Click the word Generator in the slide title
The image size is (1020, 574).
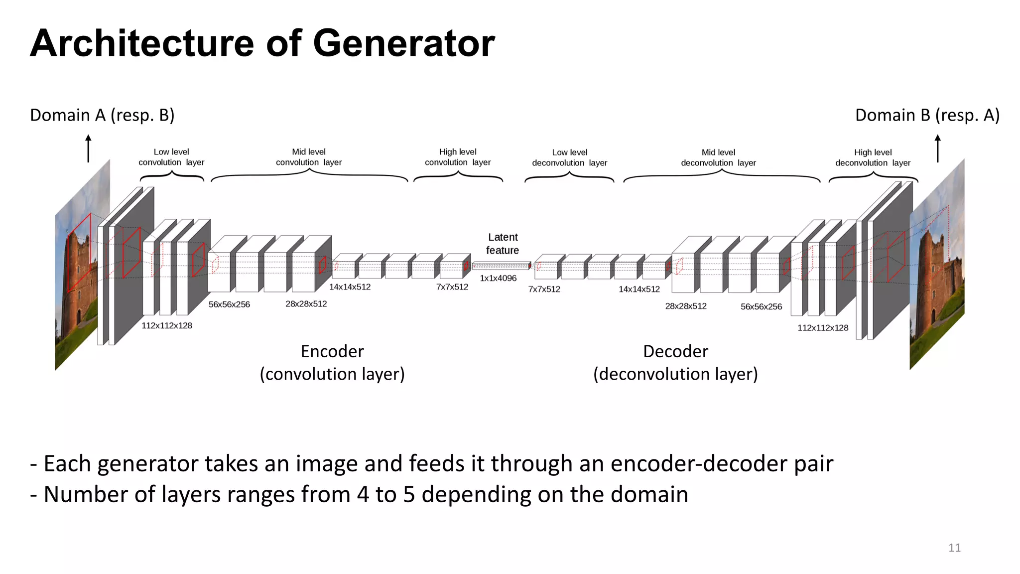click(x=403, y=43)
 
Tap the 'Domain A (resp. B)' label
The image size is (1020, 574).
click(x=102, y=115)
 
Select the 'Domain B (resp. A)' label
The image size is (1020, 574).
click(x=927, y=115)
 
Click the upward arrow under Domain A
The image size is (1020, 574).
click(x=89, y=148)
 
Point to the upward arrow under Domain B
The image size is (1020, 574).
click(x=938, y=148)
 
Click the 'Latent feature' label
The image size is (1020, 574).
click(x=503, y=244)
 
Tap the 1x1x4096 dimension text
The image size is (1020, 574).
click(x=498, y=278)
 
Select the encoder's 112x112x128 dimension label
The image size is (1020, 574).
click(x=167, y=325)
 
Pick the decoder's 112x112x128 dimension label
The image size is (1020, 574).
click(x=823, y=327)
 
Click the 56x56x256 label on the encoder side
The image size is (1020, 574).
click(x=229, y=304)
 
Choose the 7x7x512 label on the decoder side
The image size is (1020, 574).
click(x=544, y=289)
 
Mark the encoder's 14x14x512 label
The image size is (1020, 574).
click(x=350, y=287)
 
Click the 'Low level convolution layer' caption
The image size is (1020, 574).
click(x=171, y=157)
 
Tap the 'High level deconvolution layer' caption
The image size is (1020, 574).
click(x=873, y=157)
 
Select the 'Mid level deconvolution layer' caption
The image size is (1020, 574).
click(x=718, y=157)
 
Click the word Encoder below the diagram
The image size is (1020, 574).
click(x=332, y=351)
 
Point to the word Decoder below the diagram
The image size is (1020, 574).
click(x=675, y=351)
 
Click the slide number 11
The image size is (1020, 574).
click(x=954, y=548)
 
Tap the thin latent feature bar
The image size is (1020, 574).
click(x=501, y=266)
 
